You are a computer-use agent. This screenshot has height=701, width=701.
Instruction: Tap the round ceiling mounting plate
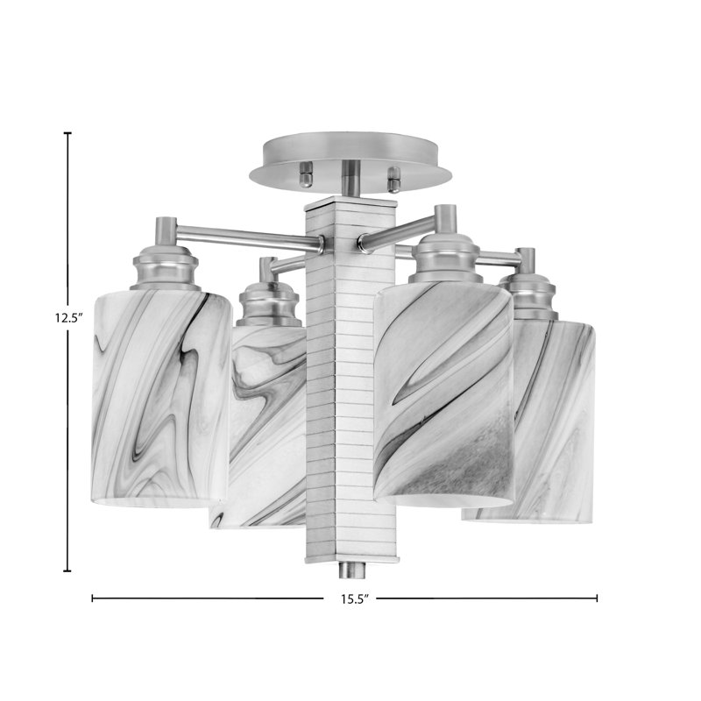click(350, 161)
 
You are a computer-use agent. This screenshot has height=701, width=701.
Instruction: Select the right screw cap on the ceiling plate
click(394, 179)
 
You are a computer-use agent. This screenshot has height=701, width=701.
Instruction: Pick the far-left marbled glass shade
click(161, 399)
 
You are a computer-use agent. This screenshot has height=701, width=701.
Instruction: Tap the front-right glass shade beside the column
click(444, 393)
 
